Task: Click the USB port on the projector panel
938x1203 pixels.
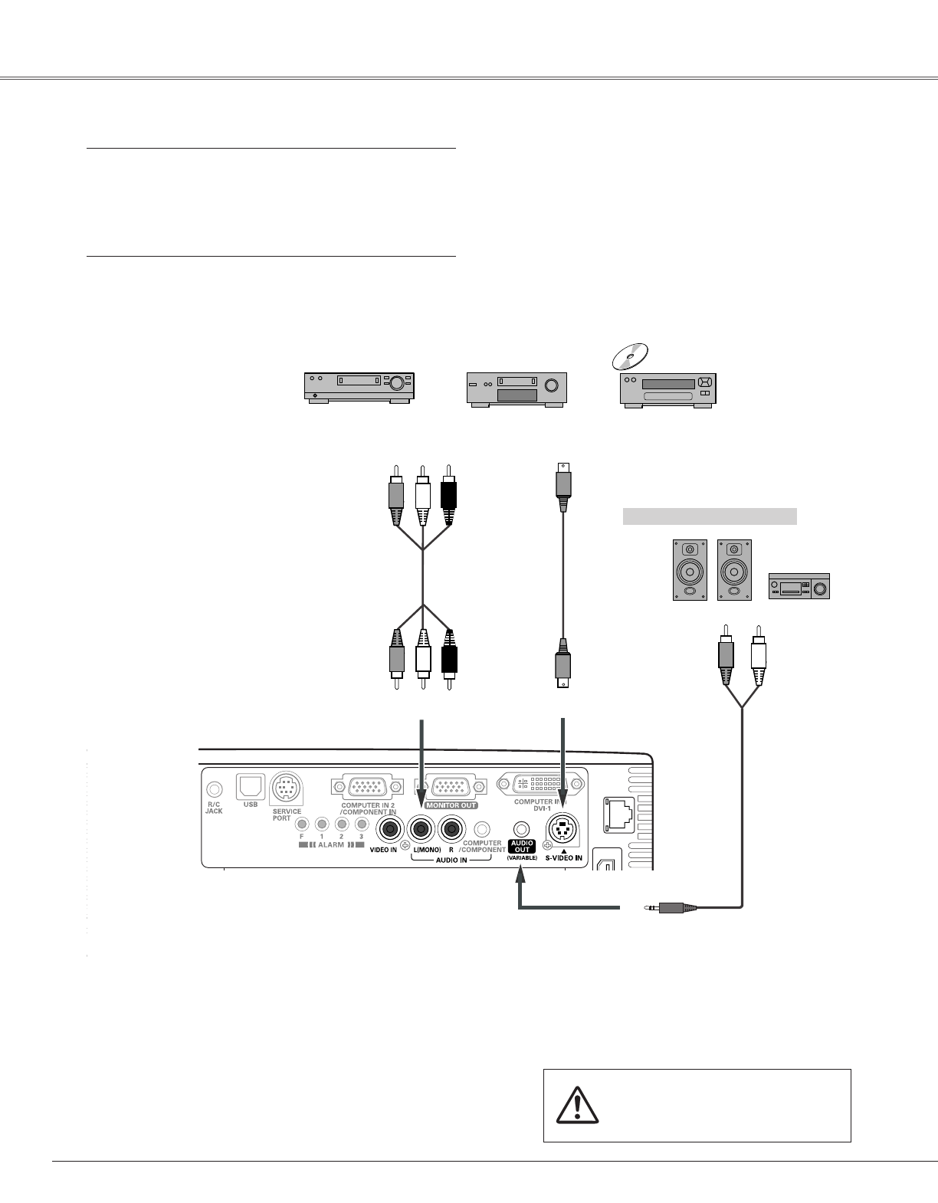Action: [251, 785]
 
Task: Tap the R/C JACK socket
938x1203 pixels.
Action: [215, 788]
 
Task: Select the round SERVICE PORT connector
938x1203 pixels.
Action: [287, 788]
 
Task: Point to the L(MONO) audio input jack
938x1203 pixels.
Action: [421, 829]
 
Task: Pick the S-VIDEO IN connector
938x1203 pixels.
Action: [563, 828]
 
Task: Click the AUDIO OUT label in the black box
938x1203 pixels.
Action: [521, 846]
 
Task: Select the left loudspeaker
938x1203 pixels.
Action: [690, 569]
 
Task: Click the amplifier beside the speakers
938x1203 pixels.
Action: [799, 586]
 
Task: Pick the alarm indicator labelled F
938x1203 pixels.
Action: [302, 824]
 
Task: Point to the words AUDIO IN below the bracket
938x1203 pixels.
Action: [451, 860]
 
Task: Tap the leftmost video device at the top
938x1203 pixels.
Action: [359, 387]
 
